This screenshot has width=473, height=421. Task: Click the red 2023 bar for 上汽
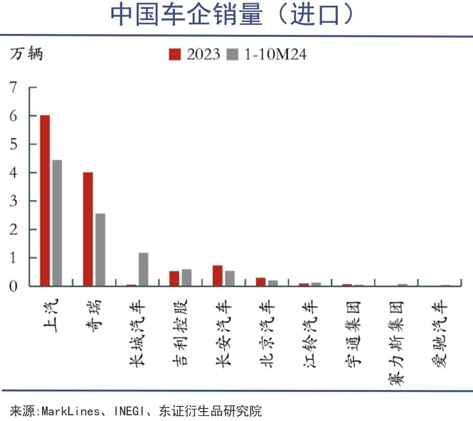tap(45, 200)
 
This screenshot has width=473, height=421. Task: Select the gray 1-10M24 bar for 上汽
tap(57, 223)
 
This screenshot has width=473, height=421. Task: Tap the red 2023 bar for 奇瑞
tap(88, 229)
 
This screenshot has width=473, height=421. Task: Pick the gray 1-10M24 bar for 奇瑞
tap(100, 249)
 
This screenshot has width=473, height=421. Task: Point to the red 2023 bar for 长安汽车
tap(218, 275)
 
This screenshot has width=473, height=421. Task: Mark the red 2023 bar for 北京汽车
tap(261, 282)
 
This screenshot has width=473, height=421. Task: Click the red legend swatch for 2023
tap(175, 54)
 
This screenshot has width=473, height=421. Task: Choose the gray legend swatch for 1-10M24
tap(233, 54)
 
